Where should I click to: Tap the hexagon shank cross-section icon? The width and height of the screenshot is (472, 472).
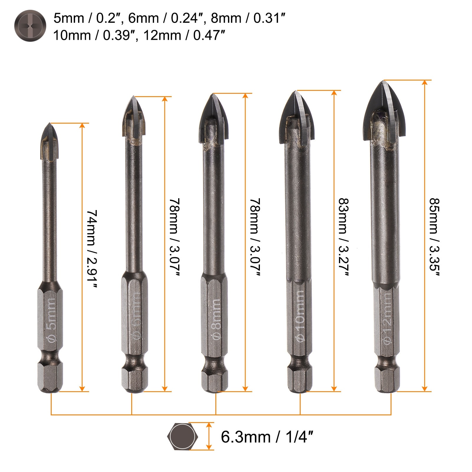click(183, 437)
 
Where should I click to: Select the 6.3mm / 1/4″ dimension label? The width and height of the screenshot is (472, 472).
click(266, 437)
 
